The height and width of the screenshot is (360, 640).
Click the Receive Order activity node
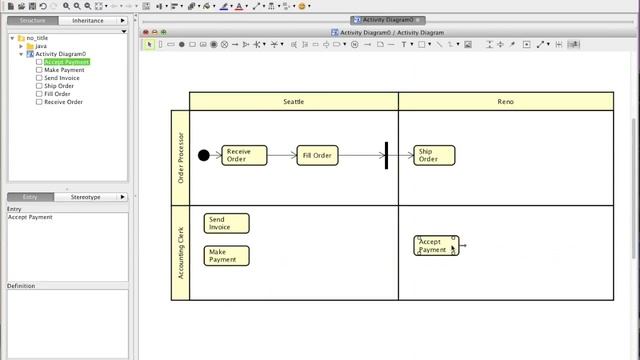point(244,156)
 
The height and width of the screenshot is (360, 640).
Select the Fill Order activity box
point(317,155)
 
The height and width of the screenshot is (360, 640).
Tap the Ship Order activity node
point(434,156)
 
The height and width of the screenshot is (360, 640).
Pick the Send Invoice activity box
point(226,224)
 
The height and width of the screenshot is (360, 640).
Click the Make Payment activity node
point(226,255)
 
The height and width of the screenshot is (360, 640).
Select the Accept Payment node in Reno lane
point(435,246)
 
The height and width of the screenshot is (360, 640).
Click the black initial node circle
point(204,155)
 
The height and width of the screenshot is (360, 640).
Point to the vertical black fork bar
point(386,155)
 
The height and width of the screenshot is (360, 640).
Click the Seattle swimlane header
point(293,101)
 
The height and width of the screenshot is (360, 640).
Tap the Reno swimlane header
point(505,101)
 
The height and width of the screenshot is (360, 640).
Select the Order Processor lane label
point(181,157)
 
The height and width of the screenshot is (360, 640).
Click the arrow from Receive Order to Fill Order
point(282,155)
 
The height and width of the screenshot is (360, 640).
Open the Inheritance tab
point(89,20)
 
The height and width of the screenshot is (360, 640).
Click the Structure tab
point(33,20)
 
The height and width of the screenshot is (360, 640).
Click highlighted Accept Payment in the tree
point(67,62)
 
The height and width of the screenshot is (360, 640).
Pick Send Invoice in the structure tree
point(63,78)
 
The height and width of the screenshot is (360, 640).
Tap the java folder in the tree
point(41,46)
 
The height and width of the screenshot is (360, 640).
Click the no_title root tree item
point(37,38)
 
